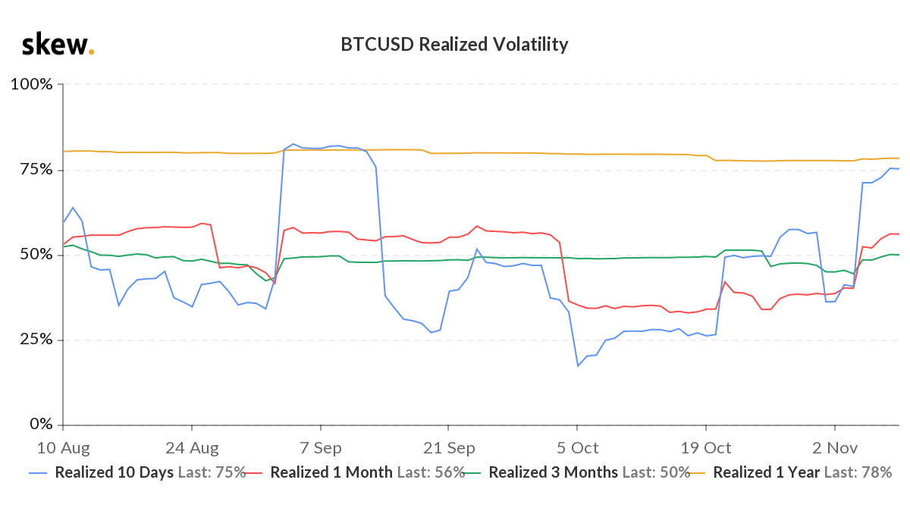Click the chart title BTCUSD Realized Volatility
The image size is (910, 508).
click(454, 45)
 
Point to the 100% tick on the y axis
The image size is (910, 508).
click(31, 84)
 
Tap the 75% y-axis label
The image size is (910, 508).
click(35, 169)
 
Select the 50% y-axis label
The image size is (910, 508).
click(35, 254)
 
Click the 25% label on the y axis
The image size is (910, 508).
click(35, 339)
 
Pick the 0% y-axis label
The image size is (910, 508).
click(39, 424)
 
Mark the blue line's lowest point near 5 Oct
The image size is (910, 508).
click(578, 366)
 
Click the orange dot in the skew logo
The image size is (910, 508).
click(92, 52)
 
